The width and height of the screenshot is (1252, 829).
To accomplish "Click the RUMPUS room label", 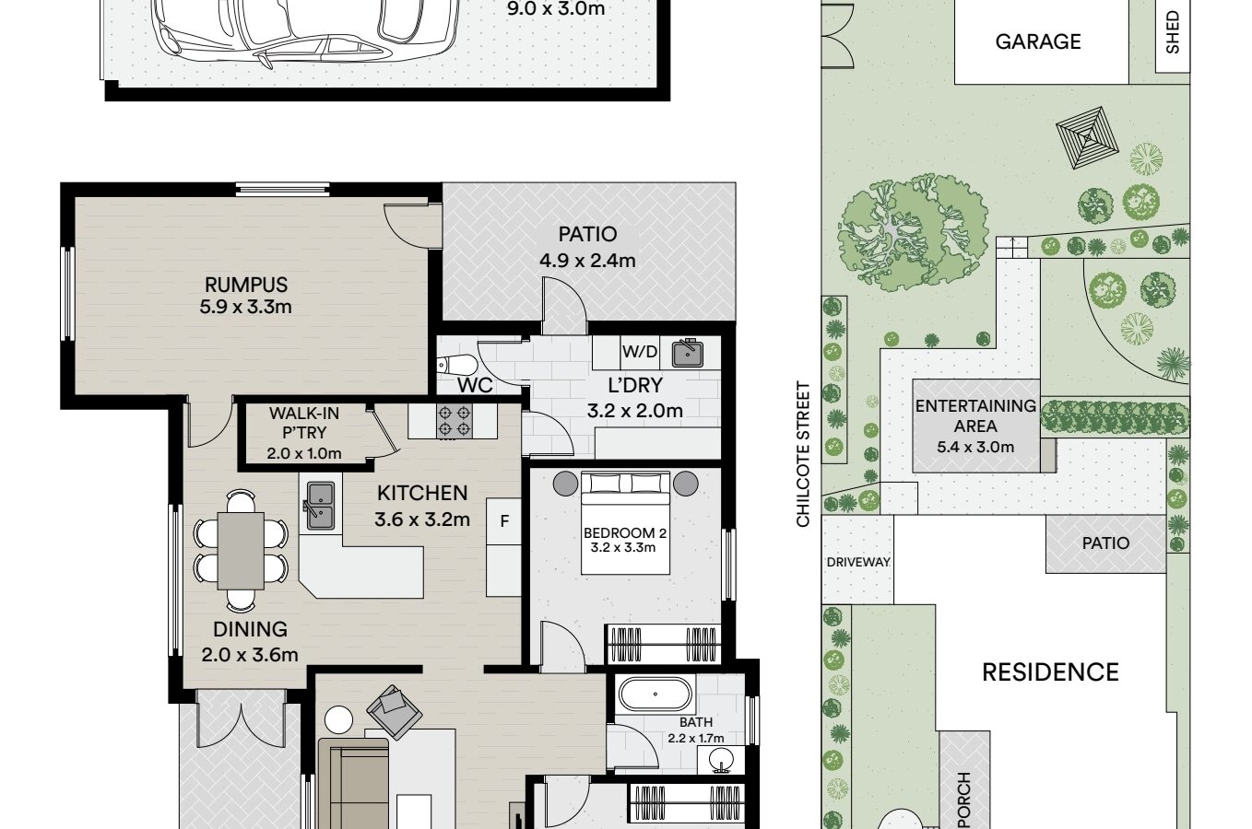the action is click(246, 285).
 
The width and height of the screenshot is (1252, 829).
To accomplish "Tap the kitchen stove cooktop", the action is click(454, 421).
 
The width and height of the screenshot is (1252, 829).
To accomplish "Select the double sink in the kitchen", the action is click(320, 506).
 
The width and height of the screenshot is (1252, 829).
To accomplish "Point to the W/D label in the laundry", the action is click(640, 352).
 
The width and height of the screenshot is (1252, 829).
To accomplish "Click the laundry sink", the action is click(688, 353).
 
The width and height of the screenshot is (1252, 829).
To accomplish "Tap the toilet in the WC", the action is click(456, 366).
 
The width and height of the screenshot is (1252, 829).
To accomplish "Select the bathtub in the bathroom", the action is click(655, 694).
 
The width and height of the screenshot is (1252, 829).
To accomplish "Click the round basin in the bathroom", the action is click(721, 760).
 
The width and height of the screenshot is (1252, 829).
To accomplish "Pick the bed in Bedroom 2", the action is click(625, 523).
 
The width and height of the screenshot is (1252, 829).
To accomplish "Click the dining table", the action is click(241, 551).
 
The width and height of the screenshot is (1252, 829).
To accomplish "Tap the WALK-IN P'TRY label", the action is click(304, 423).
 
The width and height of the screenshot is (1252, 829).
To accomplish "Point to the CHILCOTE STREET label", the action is click(803, 454).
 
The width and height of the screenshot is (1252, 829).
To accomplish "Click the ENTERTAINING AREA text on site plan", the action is click(976, 416).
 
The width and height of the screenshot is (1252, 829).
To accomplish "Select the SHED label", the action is click(1173, 32).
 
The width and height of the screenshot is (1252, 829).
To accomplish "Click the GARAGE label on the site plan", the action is click(1038, 41).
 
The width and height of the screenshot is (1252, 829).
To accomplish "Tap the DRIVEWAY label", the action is click(858, 562).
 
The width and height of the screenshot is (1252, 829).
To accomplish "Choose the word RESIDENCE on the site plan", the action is click(1050, 672).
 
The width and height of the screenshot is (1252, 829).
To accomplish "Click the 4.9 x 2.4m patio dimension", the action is click(587, 261).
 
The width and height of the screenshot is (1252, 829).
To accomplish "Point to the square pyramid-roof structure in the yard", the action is click(1087, 137).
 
